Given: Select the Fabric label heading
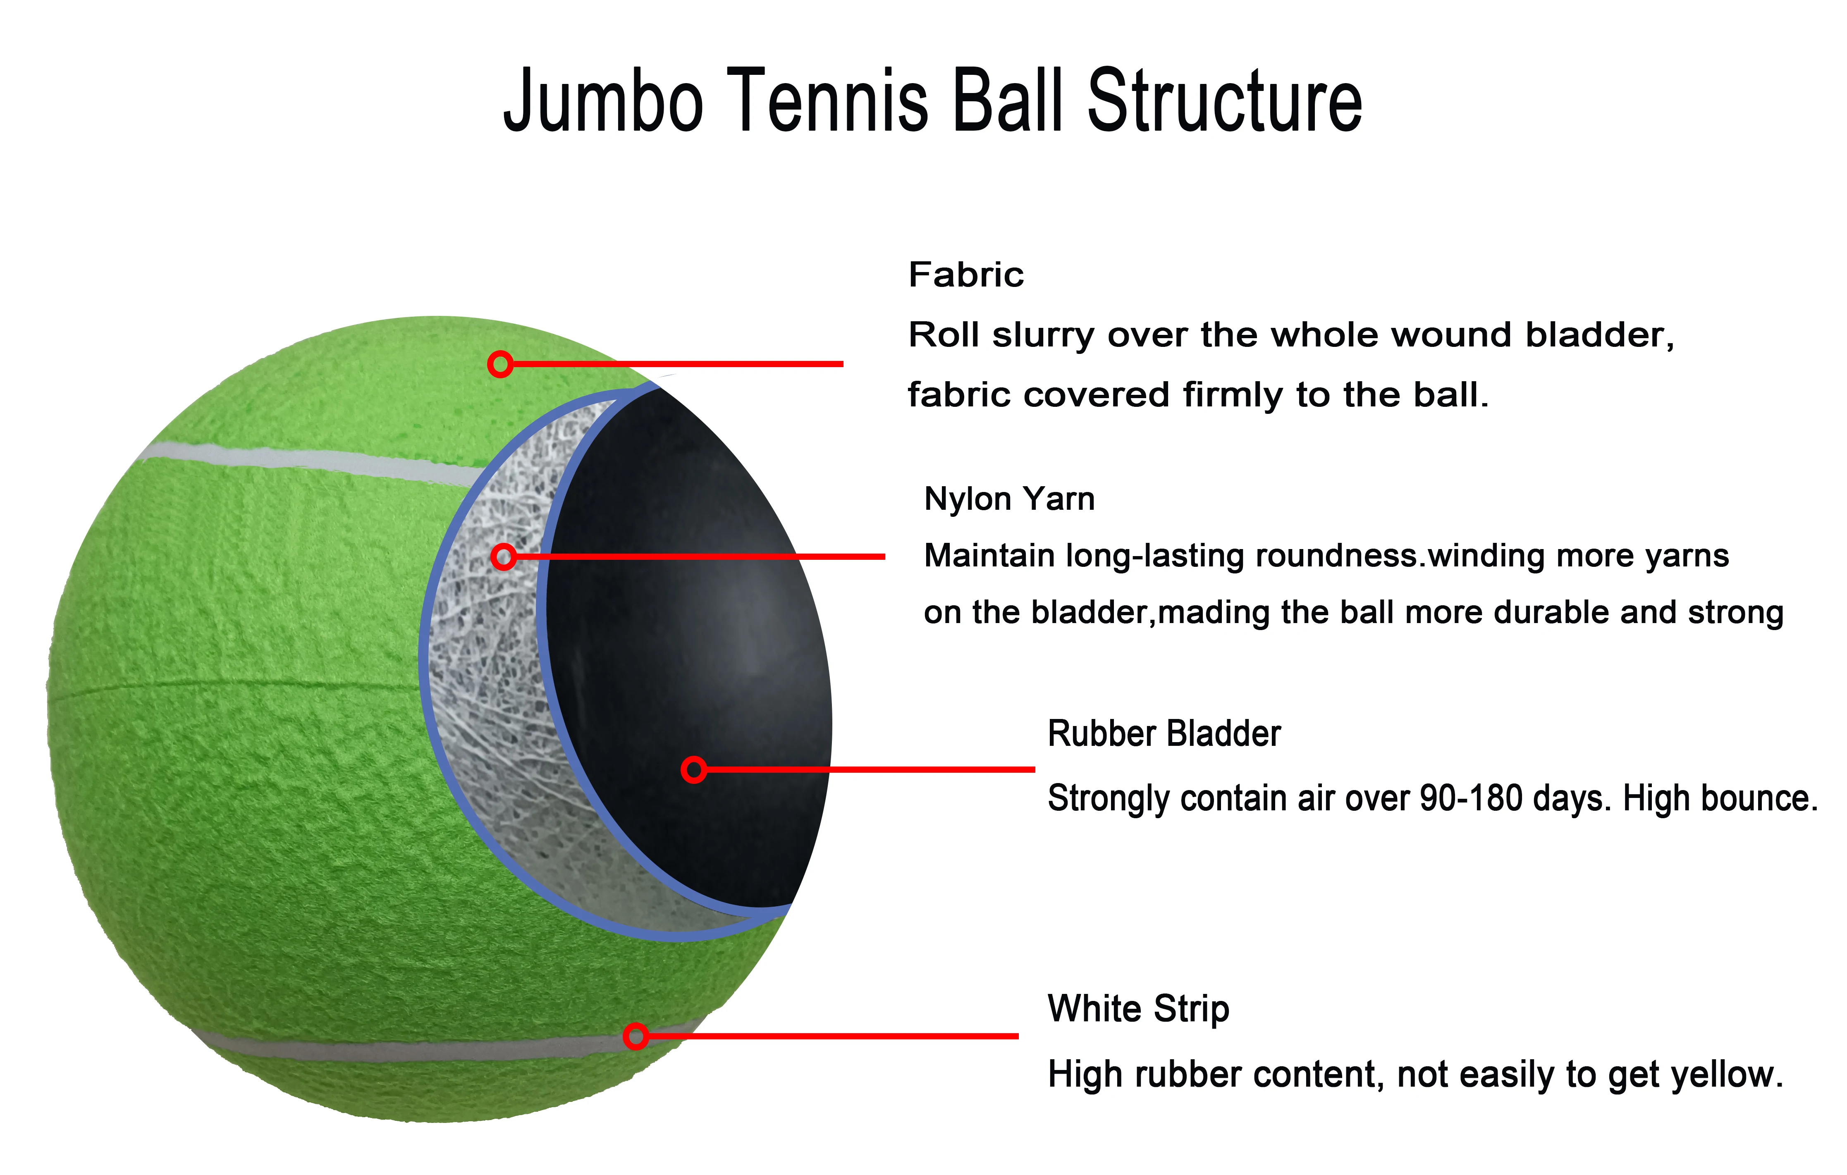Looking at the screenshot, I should tap(965, 275).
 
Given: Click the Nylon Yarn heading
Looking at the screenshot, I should tap(1008, 499).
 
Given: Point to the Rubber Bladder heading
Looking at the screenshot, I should tap(1164, 734).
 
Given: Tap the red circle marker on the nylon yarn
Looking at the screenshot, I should tap(503, 557).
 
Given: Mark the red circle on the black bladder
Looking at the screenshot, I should tap(693, 769).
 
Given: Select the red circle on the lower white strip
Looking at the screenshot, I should tap(635, 1036).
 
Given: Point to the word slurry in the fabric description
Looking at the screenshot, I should tap(1042, 335).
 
